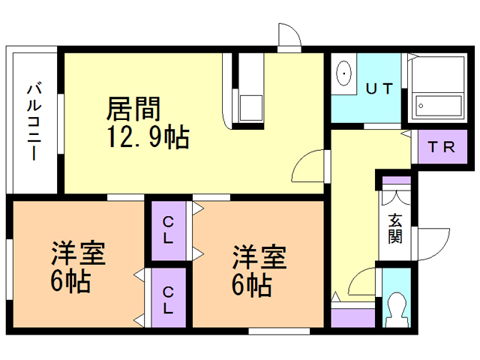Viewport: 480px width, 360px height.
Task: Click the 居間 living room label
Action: (133, 109)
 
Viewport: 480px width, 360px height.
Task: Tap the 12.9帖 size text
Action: (148, 137)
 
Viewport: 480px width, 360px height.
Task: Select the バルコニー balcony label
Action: (34, 121)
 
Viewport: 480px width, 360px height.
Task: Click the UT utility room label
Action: (379, 88)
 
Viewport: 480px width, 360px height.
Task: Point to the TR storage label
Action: (442, 147)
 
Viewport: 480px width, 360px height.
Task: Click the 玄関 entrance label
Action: (395, 228)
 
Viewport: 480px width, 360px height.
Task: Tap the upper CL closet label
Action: (168, 229)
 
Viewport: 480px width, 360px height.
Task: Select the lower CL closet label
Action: (168, 300)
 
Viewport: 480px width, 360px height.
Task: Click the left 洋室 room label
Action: (78, 253)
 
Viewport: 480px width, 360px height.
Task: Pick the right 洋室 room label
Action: (259, 256)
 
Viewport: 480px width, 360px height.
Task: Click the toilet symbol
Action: (397, 309)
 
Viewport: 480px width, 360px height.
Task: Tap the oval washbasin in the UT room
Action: (344, 73)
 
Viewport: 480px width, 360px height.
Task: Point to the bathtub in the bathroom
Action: (439, 106)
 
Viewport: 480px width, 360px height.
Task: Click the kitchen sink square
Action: (251, 108)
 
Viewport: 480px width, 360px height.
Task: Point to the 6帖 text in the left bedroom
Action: (70, 281)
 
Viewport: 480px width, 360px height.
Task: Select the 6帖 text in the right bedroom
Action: (252, 285)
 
